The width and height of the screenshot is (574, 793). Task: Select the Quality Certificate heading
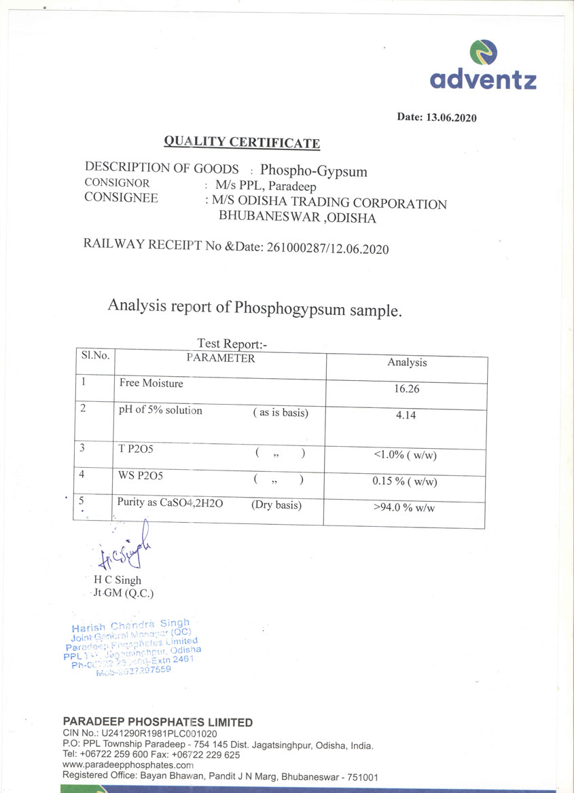point(242,141)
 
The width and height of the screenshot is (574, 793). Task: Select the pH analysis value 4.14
point(406,416)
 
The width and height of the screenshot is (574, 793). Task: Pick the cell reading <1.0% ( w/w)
point(405,455)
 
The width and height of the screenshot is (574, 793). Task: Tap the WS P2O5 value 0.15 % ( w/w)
point(405,481)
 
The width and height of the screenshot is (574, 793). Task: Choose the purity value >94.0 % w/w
point(404,507)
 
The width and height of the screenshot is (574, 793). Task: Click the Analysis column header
point(407,363)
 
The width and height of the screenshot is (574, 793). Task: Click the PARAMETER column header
point(221,358)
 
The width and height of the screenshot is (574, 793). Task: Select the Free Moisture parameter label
point(151,383)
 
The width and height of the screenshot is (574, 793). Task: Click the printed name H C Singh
point(118,580)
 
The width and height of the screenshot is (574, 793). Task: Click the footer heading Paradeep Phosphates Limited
point(158,722)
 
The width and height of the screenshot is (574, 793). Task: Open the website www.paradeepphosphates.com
point(124,765)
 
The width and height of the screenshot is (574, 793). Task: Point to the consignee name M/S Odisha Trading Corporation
point(329,203)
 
